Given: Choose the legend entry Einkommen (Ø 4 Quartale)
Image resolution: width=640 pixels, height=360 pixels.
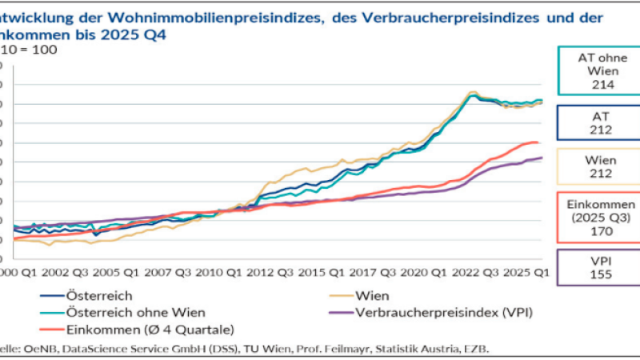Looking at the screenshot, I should (x=120, y=328).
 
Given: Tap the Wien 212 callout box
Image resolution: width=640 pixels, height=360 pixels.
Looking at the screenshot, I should (x=593, y=166).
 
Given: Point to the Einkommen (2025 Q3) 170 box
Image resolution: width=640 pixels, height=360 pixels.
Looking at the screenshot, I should (x=593, y=216).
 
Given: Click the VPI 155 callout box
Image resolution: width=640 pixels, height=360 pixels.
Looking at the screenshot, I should (x=593, y=266).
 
